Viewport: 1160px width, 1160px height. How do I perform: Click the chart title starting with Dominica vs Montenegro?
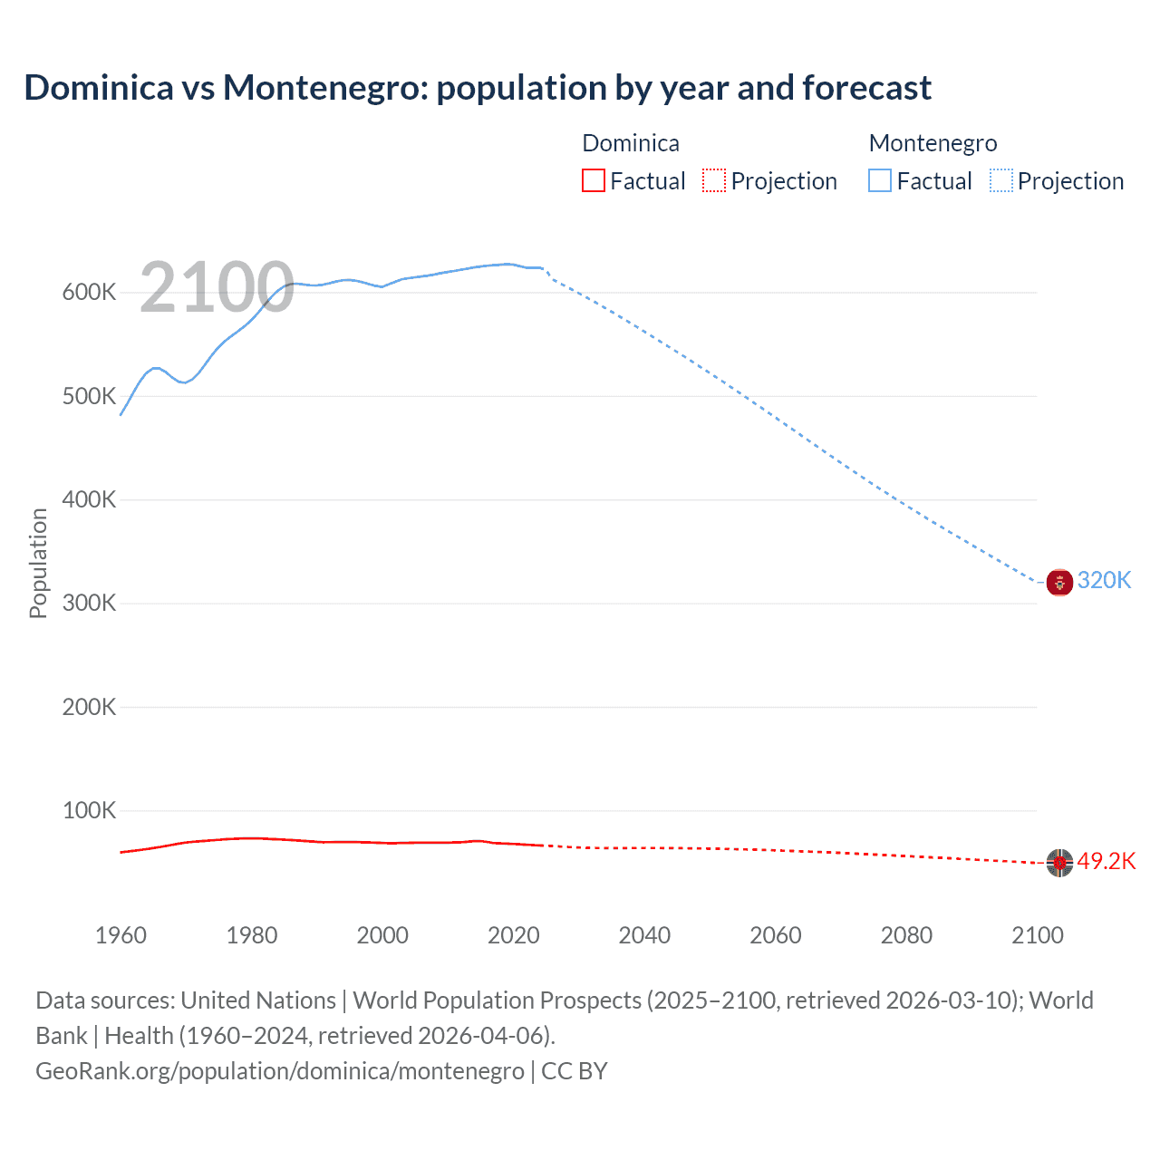pos(478,88)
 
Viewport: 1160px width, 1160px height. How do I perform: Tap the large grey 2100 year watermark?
pos(217,287)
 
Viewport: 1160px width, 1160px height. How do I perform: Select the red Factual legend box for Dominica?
pos(593,180)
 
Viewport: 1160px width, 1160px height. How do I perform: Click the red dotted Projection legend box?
pos(714,180)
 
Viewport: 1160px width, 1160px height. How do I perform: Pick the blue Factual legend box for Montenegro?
pos(880,180)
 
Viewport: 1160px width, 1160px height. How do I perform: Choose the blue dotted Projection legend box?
pos(1000,180)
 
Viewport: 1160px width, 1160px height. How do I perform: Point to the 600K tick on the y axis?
pos(89,292)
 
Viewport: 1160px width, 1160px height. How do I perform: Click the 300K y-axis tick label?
pos(89,604)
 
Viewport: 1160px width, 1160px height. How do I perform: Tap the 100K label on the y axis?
pos(89,810)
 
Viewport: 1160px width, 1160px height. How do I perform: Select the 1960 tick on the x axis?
pos(121,935)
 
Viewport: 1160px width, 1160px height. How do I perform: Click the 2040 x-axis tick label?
pos(644,935)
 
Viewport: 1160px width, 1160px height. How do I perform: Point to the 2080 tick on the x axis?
pos(906,935)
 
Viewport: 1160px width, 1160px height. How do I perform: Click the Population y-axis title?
pos(38,563)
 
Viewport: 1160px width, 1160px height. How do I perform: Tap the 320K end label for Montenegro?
pos(1104,580)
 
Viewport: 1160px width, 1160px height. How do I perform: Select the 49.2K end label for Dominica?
pos(1106,861)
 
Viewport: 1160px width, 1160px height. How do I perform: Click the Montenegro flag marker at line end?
pos(1059,582)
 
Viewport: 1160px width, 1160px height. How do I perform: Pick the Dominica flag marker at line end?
pos(1059,863)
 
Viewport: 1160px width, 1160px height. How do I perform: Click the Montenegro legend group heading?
pos(933,143)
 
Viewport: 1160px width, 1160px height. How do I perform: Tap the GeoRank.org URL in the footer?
pos(279,1071)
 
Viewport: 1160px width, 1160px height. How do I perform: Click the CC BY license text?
pos(574,1071)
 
